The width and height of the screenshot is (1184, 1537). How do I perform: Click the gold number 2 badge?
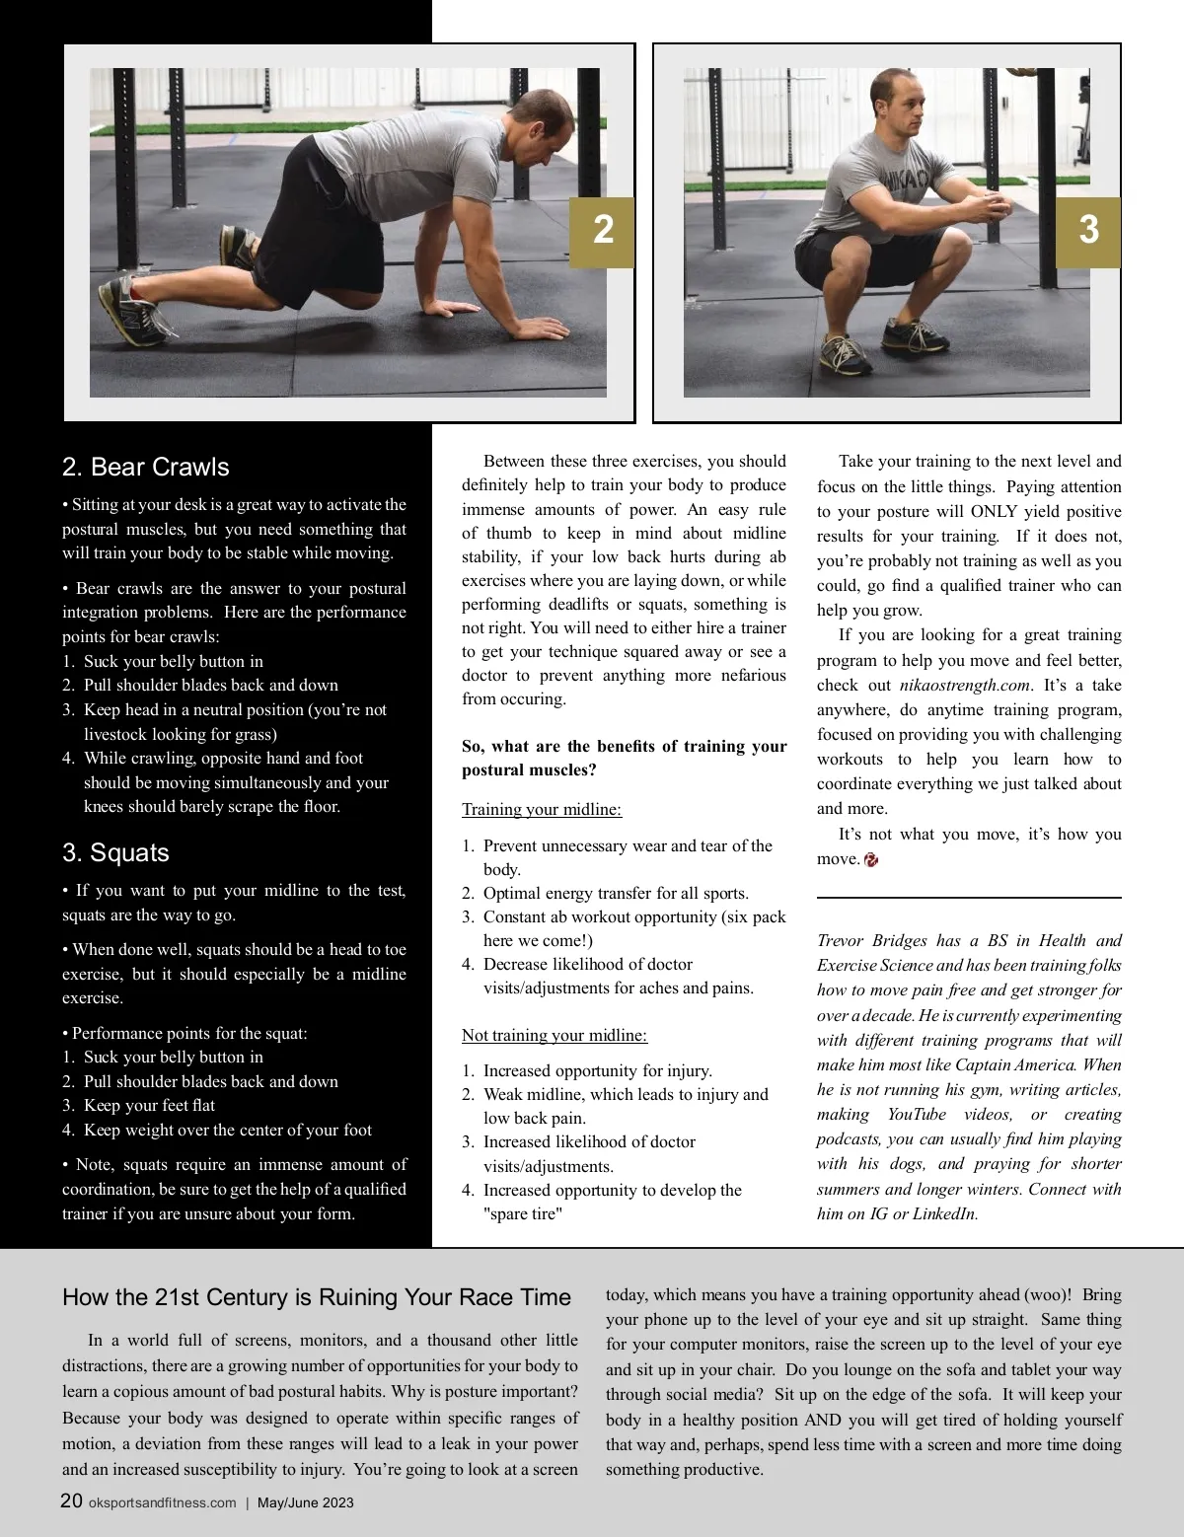point(602,232)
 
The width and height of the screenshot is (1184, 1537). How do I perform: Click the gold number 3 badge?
point(1088,232)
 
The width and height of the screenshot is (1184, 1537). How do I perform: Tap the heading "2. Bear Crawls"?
point(146,467)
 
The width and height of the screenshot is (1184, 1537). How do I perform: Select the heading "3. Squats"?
point(115,852)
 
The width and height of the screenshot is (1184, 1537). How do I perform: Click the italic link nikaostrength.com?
point(965,685)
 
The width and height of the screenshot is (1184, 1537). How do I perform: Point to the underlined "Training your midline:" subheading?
point(542,809)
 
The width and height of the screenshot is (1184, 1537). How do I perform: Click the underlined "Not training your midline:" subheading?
point(555,1035)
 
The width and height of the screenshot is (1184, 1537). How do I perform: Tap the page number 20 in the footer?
point(71,1500)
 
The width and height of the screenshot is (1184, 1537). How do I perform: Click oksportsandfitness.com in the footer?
point(163,1502)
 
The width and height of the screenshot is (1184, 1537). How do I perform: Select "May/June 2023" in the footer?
point(306,1502)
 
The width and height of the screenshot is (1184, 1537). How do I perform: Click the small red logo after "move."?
point(870,859)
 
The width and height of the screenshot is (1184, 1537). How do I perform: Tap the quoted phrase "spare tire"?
point(523,1213)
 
